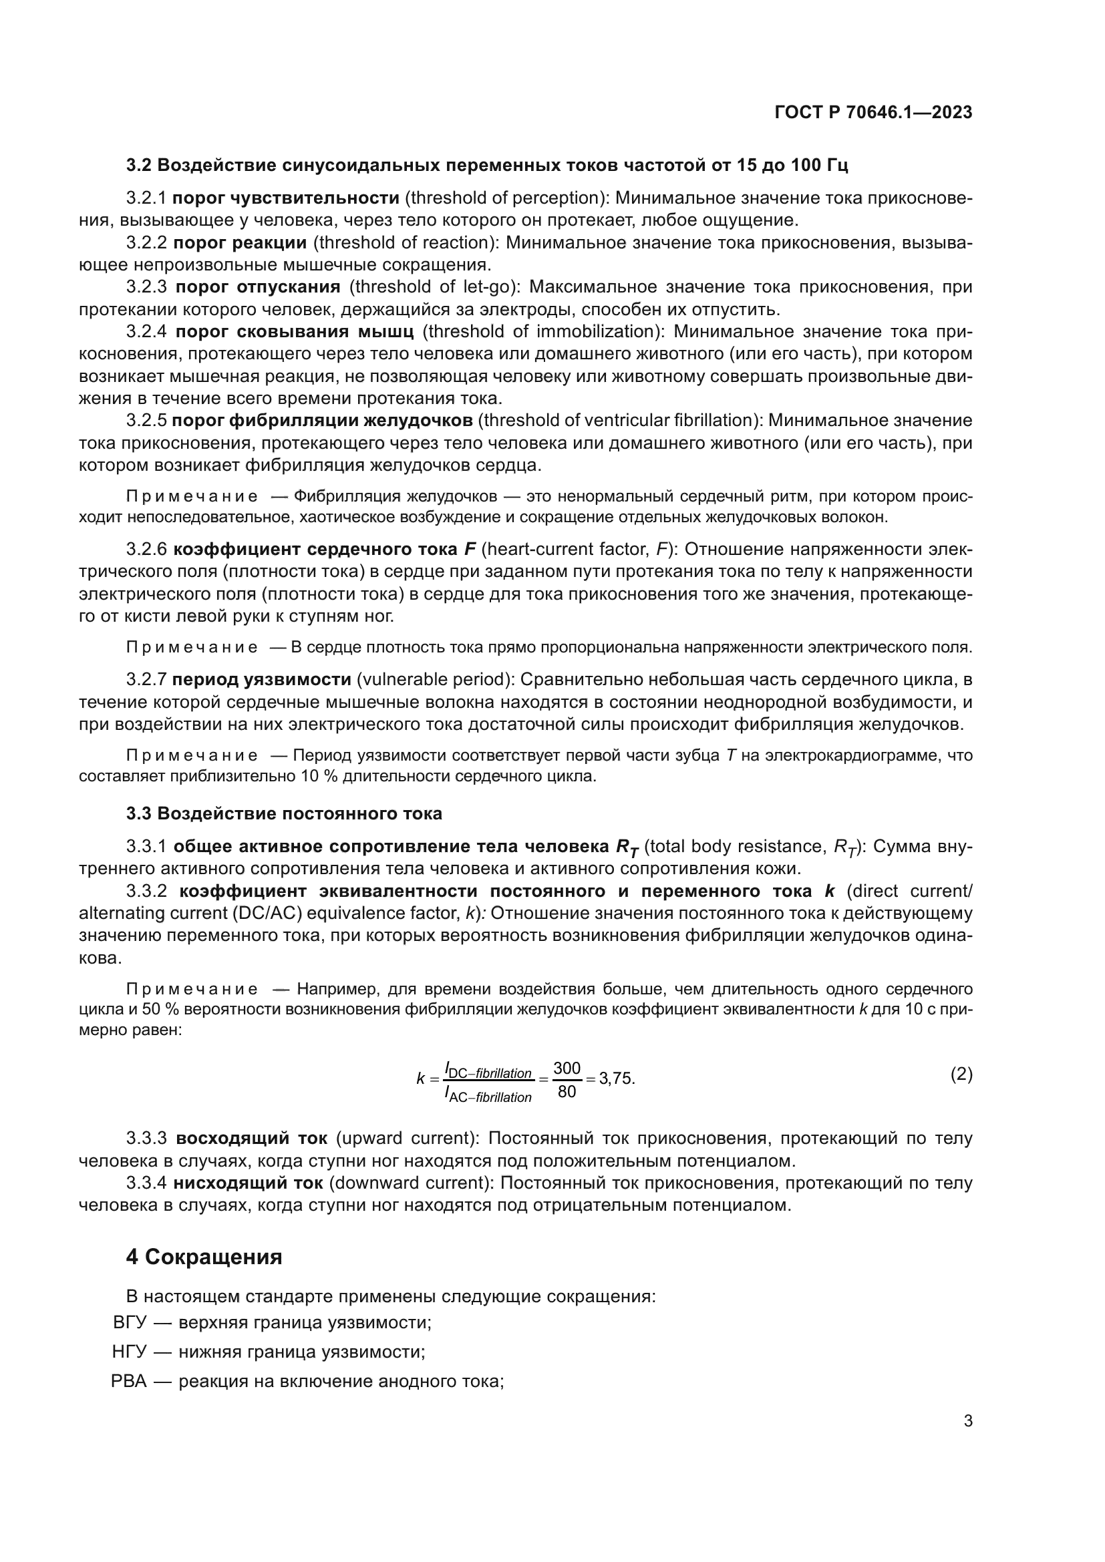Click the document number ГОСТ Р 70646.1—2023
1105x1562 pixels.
(873, 113)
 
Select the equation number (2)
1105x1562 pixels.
(961, 1075)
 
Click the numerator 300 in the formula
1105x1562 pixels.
(566, 1068)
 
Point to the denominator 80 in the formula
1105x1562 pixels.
(566, 1092)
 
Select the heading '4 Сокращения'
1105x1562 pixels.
(204, 1257)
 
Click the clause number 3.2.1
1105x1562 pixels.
(146, 198)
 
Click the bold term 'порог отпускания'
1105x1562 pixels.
(258, 287)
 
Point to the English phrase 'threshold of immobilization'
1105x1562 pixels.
(538, 332)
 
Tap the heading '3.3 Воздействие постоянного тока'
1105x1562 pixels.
(284, 813)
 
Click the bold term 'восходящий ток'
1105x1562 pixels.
(251, 1138)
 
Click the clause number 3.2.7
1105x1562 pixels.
(146, 680)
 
